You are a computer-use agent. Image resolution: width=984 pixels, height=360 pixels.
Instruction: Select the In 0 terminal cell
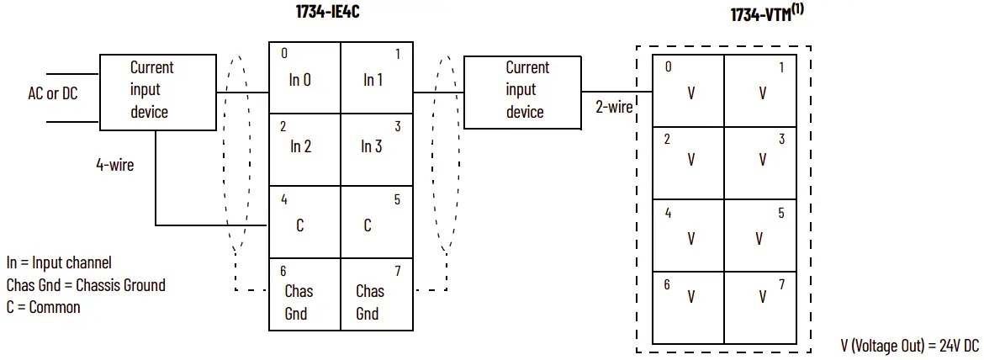[x=304, y=77]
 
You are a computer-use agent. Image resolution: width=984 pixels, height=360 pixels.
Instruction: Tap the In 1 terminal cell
[x=376, y=77]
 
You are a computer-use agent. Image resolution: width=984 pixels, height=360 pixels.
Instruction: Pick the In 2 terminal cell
[x=304, y=149]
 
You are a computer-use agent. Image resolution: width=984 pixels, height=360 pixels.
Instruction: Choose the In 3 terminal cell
[x=376, y=149]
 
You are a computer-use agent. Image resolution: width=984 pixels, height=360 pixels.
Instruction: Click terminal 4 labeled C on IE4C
[x=304, y=222]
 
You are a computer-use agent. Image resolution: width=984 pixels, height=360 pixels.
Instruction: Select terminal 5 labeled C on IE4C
[x=376, y=222]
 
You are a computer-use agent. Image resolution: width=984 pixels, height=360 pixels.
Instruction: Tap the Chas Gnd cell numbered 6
[x=304, y=294]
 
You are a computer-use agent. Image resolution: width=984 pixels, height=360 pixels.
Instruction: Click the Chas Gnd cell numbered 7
[x=376, y=294]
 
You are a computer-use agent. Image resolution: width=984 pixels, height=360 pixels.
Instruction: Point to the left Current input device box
[x=157, y=93]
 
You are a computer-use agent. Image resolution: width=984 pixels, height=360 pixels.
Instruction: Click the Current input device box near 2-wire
[x=522, y=92]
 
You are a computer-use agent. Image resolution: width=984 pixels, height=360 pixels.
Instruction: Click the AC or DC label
[x=52, y=93]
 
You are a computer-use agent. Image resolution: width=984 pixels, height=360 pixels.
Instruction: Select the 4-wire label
[x=114, y=165]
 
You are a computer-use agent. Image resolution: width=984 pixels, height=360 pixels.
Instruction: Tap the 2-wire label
[x=613, y=107]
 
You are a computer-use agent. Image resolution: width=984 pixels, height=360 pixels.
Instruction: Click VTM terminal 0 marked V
[x=689, y=91]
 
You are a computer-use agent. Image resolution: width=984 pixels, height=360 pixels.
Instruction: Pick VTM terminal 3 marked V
[x=761, y=162]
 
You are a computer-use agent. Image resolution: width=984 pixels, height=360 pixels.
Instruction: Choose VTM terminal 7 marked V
[x=761, y=307]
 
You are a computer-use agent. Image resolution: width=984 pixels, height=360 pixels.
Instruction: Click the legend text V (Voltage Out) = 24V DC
[x=909, y=345]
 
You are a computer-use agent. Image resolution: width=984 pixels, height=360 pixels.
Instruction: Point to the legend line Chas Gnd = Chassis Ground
[x=86, y=285]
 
